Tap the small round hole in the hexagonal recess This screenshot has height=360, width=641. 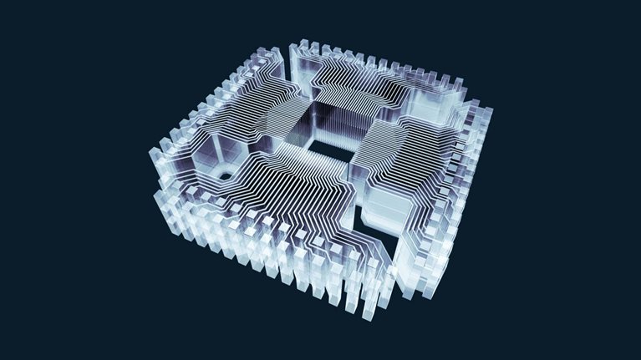coord(223,175)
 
